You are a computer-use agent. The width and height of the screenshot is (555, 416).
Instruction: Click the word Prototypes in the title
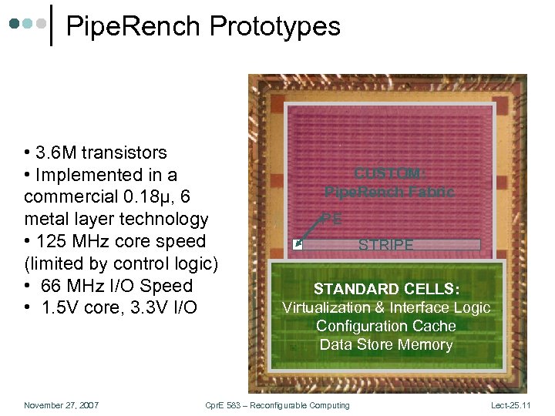275,27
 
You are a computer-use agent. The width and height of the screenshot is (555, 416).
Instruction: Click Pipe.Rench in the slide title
135,27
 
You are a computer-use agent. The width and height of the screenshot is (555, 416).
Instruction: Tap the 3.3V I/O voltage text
152,308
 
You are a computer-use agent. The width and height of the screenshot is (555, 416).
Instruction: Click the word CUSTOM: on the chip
388,174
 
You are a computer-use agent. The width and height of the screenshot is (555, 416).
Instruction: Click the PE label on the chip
331,219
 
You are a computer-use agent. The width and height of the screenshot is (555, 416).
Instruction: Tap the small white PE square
298,246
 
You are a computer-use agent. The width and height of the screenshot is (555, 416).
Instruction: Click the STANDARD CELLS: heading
385,289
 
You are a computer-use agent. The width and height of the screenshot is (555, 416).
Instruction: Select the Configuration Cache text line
385,326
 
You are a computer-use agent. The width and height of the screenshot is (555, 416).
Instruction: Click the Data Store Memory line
385,344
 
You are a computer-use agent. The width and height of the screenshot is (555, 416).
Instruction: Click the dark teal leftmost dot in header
15,24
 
